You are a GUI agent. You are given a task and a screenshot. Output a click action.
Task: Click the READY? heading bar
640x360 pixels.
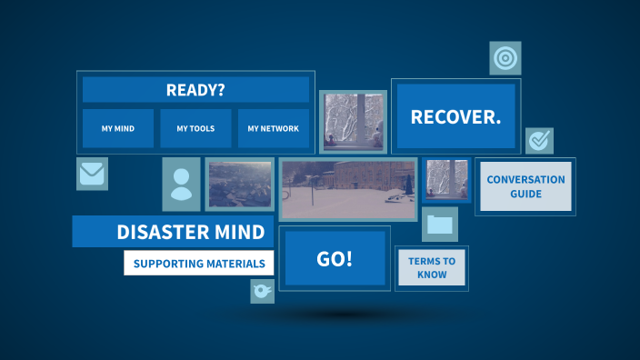click(x=195, y=90)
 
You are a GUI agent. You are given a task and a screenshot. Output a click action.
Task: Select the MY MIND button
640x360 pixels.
click(x=118, y=129)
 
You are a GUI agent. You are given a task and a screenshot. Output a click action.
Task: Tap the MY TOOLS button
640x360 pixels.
click(x=195, y=129)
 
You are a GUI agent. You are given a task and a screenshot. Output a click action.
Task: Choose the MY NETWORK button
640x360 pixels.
click(x=273, y=129)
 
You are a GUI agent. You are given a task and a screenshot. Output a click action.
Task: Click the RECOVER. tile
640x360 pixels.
click(x=455, y=116)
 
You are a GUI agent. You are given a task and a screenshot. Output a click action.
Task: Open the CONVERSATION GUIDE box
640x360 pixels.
click(x=525, y=186)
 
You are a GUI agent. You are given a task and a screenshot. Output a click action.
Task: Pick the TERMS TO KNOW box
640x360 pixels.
click(x=432, y=268)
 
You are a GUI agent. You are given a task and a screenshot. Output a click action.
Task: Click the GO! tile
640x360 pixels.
click(x=334, y=259)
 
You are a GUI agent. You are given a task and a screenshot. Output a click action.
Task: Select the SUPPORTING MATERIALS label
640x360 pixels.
click(x=199, y=264)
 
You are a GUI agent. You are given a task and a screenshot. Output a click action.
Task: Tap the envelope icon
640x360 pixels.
click(x=92, y=173)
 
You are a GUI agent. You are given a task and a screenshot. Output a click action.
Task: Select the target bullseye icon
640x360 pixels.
click(x=505, y=58)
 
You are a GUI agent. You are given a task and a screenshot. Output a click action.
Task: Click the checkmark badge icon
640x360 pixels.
click(x=539, y=141)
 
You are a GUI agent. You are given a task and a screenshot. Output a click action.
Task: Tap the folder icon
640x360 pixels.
click(x=440, y=224)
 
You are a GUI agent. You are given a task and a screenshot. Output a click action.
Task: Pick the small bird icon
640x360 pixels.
click(x=263, y=291)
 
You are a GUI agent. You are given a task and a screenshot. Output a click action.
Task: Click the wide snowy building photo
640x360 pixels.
click(x=347, y=189)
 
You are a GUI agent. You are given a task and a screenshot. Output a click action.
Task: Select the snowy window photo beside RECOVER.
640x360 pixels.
click(x=353, y=121)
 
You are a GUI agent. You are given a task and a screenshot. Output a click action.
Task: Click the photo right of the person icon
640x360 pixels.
click(x=240, y=184)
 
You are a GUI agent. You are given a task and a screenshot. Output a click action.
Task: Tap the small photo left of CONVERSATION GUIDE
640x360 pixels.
click(x=446, y=179)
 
